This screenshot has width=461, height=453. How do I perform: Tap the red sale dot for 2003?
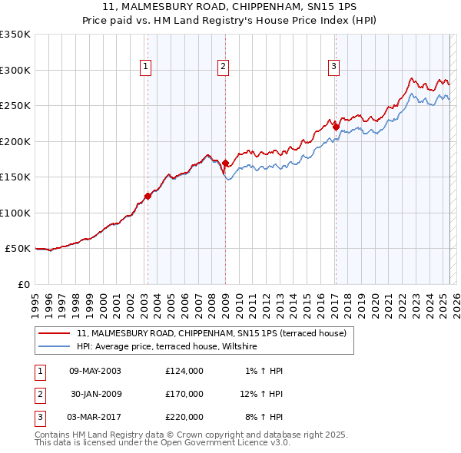point(148,196)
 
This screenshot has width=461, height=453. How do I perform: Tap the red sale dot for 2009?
point(225,164)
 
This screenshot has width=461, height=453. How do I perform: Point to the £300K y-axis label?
point(15,70)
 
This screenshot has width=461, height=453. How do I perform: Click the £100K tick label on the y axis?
point(15,213)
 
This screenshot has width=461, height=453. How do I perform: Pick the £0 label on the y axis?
point(22,284)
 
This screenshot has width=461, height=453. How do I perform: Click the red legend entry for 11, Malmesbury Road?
point(212,333)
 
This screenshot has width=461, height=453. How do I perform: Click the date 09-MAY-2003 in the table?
point(95,371)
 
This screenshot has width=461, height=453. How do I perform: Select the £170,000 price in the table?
point(184,394)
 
